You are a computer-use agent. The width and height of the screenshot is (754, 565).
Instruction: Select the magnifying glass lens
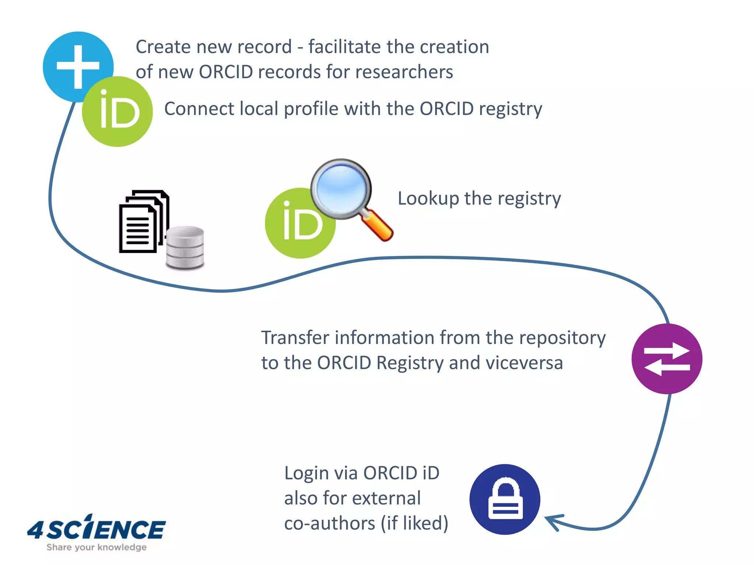341,188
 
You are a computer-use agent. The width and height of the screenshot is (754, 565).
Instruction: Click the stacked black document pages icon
142,223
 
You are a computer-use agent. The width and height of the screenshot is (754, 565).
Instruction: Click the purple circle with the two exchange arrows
667,359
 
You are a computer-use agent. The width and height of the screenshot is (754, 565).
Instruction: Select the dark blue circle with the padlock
505,499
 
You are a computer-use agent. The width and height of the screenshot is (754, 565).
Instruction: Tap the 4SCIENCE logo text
96,529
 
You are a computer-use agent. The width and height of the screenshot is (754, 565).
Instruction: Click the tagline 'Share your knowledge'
96,547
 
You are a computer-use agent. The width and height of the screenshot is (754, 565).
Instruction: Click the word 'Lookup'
429,199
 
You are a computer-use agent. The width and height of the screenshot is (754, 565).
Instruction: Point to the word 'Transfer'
296,338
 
